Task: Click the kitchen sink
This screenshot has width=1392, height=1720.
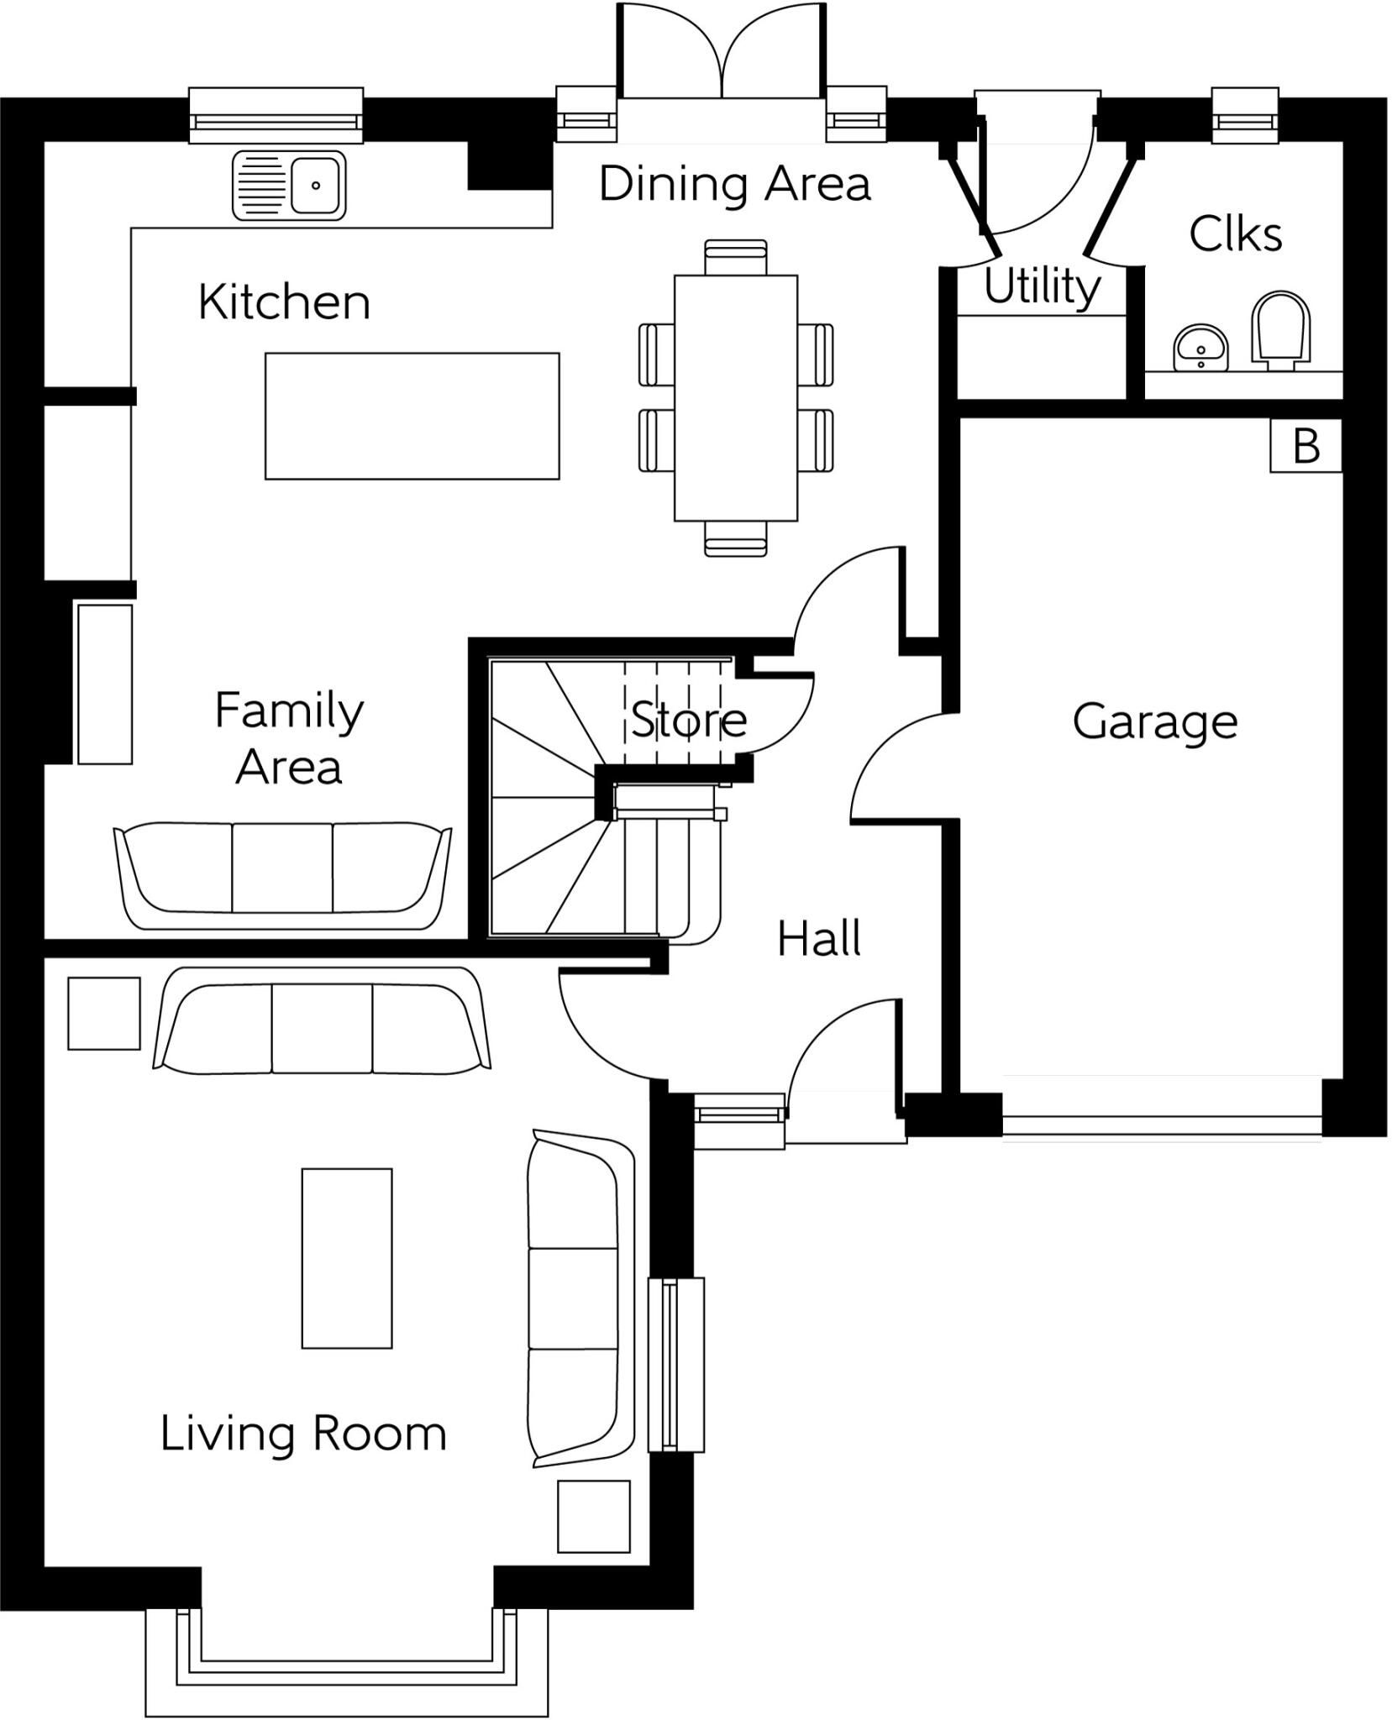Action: coord(289,185)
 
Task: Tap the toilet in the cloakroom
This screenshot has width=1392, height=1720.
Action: coord(1281,331)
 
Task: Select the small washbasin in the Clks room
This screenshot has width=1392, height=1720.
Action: coord(1201,347)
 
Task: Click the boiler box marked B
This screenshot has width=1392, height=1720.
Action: coord(1305,445)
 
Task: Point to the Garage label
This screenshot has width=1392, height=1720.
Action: coord(1155,722)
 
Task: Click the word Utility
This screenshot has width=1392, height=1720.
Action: coord(1042,286)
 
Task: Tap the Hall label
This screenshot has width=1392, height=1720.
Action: coord(819,939)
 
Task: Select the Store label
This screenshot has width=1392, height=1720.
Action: coord(689,720)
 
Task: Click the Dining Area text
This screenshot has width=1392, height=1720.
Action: coord(735,184)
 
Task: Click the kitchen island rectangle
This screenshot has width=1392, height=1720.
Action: coord(412,416)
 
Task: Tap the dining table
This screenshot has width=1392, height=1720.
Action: coord(736,398)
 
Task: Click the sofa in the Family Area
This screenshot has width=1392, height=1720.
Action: coord(282,876)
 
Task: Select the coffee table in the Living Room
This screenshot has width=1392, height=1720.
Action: coord(347,1258)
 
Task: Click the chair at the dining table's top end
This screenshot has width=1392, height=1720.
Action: coord(736,257)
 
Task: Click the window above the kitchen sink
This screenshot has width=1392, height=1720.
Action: coord(276,116)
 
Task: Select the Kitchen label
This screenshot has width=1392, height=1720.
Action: coord(284,302)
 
